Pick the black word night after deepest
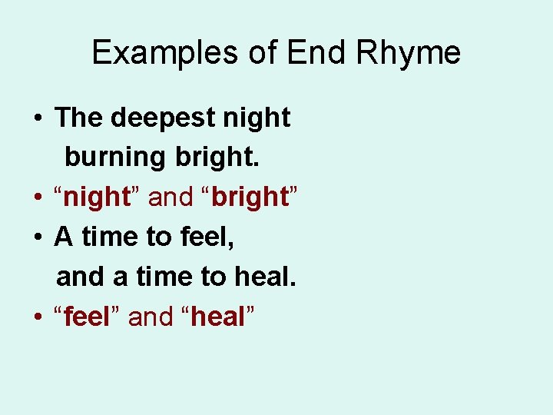tap(256, 118)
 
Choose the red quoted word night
tap(96, 198)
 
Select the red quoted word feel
tap(88, 316)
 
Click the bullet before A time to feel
tap(37, 237)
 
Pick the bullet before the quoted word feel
tap(37, 317)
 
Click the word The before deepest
tap(79, 118)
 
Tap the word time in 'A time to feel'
tap(108, 237)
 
